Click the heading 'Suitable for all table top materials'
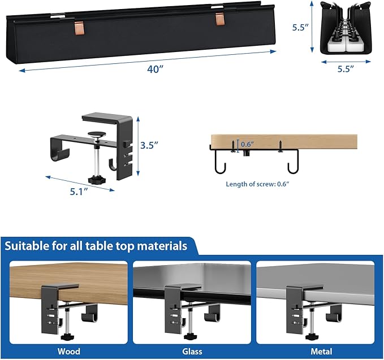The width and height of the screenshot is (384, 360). coord(96,246)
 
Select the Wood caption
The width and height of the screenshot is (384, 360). coord(69,352)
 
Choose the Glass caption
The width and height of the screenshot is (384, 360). coord(192,352)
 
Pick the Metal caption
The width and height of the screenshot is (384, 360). coord(315,352)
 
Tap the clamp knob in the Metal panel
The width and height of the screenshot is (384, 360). coord(308,338)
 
